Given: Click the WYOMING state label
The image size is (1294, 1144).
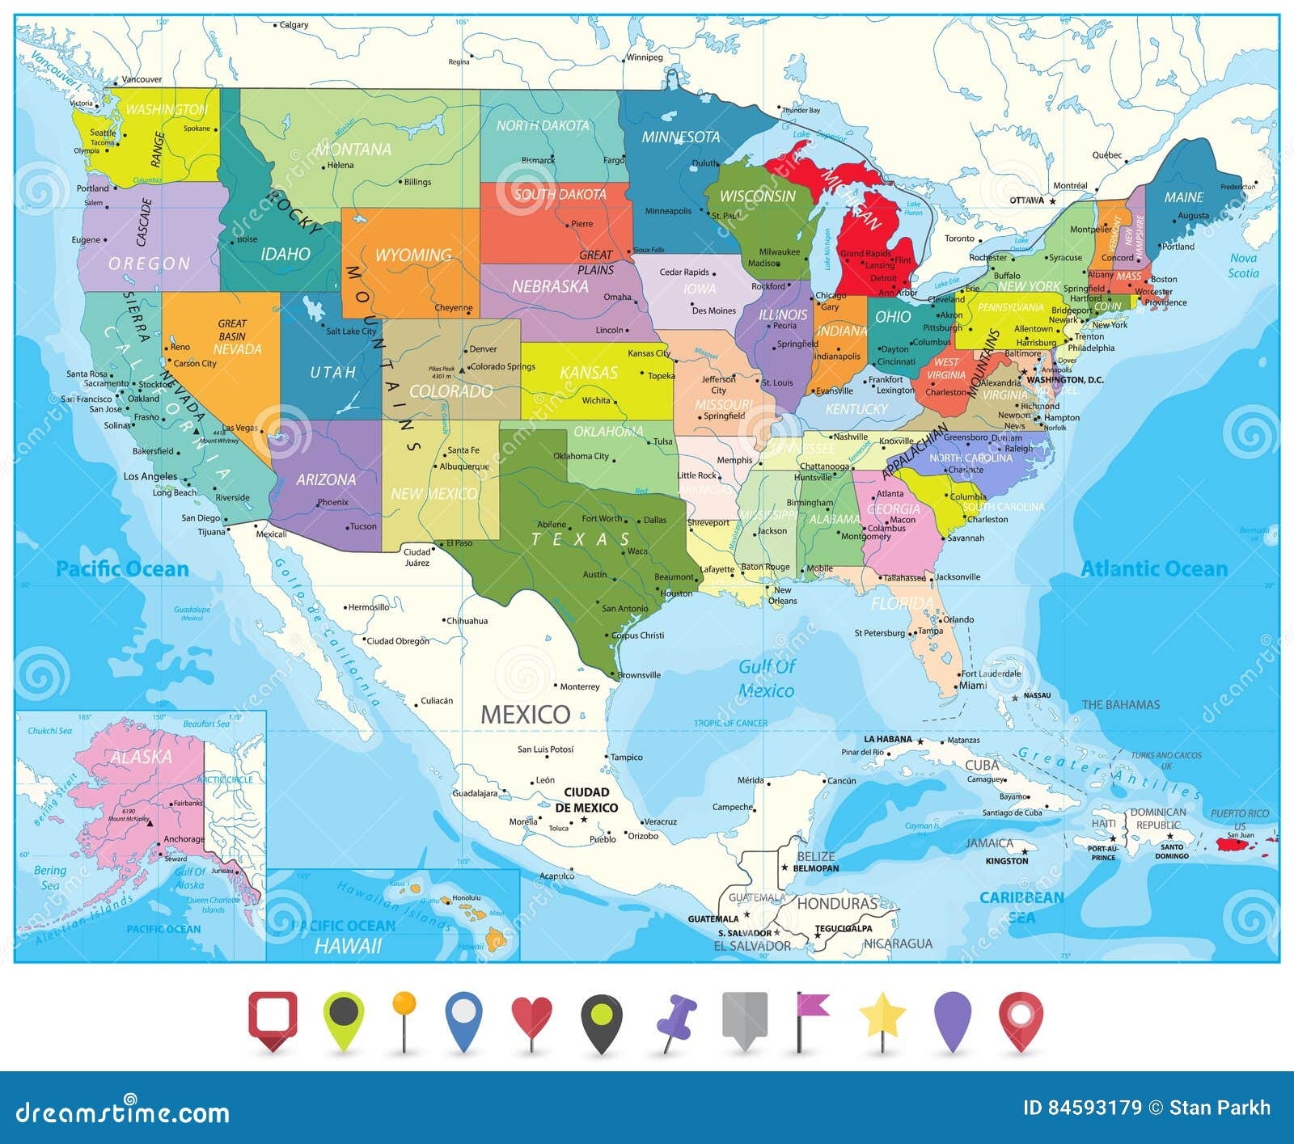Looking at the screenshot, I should pyautogui.click(x=413, y=255).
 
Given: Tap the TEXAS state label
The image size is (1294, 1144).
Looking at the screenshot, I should pyautogui.click(x=581, y=539).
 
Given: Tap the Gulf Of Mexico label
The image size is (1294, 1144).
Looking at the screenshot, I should pyautogui.click(x=767, y=678).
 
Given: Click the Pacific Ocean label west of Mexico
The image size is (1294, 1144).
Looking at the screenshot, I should pyautogui.click(x=122, y=569).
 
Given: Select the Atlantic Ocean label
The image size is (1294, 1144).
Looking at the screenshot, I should pyautogui.click(x=1154, y=569).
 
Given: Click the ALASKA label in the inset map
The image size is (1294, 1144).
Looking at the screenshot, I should pyautogui.click(x=142, y=757).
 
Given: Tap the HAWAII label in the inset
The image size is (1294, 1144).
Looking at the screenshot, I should pyautogui.click(x=348, y=946).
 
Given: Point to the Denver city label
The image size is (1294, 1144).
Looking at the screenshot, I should pyautogui.click(x=483, y=349).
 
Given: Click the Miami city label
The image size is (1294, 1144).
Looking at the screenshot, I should pyautogui.click(x=973, y=686).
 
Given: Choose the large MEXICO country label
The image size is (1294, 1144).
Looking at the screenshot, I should pyautogui.click(x=526, y=714).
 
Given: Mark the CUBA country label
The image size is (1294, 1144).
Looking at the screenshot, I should pyautogui.click(x=981, y=765).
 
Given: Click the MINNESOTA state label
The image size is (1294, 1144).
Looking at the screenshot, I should pyautogui.click(x=680, y=137).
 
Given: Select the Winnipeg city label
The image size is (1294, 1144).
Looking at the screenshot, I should pyautogui.click(x=645, y=57).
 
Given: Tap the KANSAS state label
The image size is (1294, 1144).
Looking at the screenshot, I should pyautogui.click(x=589, y=373).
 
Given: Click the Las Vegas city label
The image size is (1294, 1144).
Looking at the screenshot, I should pyautogui.click(x=240, y=428).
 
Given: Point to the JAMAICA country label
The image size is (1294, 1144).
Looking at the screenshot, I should pyautogui.click(x=989, y=843).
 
